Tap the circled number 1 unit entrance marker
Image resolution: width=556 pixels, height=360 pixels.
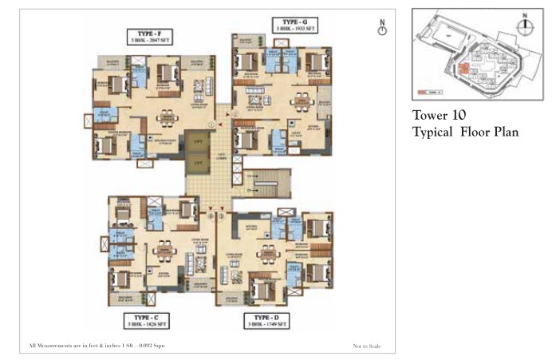point(211,125)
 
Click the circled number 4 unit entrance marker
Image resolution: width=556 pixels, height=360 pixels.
point(211,216)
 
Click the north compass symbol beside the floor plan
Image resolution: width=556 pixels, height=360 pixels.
point(383,29)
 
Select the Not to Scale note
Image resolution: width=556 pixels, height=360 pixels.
point(368,346)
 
